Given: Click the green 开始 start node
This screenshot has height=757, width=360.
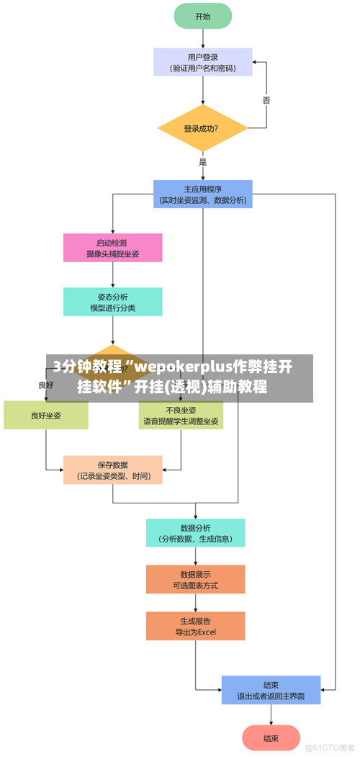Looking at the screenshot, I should [x=203, y=16].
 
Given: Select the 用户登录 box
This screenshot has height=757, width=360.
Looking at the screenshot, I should [x=203, y=62].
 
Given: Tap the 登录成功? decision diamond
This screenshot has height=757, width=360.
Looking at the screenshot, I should [x=203, y=129].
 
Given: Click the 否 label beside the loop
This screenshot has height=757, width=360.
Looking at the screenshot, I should [x=266, y=101].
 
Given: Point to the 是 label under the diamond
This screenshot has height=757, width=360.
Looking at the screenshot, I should [x=203, y=163].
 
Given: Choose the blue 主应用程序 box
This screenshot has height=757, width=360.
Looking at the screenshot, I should [x=203, y=194].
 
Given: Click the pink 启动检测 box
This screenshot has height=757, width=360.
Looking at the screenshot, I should [x=113, y=248].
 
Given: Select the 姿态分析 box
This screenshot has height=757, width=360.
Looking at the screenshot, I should [x=113, y=302].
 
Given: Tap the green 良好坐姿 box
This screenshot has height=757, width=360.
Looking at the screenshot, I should [x=46, y=416].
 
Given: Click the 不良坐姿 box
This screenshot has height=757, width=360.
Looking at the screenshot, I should [x=181, y=416].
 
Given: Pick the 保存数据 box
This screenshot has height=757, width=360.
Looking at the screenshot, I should [x=113, y=470].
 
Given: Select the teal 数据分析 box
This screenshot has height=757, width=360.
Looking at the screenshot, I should [x=196, y=532].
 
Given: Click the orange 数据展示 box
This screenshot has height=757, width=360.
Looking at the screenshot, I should [x=196, y=579].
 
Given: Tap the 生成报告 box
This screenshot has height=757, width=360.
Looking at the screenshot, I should [x=196, y=626].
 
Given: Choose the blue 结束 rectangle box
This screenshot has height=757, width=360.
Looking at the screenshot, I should [x=271, y=690].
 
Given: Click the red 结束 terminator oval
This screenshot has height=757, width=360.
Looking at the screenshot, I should [x=271, y=738].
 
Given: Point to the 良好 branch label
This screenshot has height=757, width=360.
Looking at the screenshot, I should [x=46, y=385].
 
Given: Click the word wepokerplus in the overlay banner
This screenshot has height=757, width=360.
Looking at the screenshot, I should [x=184, y=367].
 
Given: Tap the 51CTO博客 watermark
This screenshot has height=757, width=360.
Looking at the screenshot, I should [x=330, y=746].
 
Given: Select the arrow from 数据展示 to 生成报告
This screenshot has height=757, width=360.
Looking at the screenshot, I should [x=196, y=603].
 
